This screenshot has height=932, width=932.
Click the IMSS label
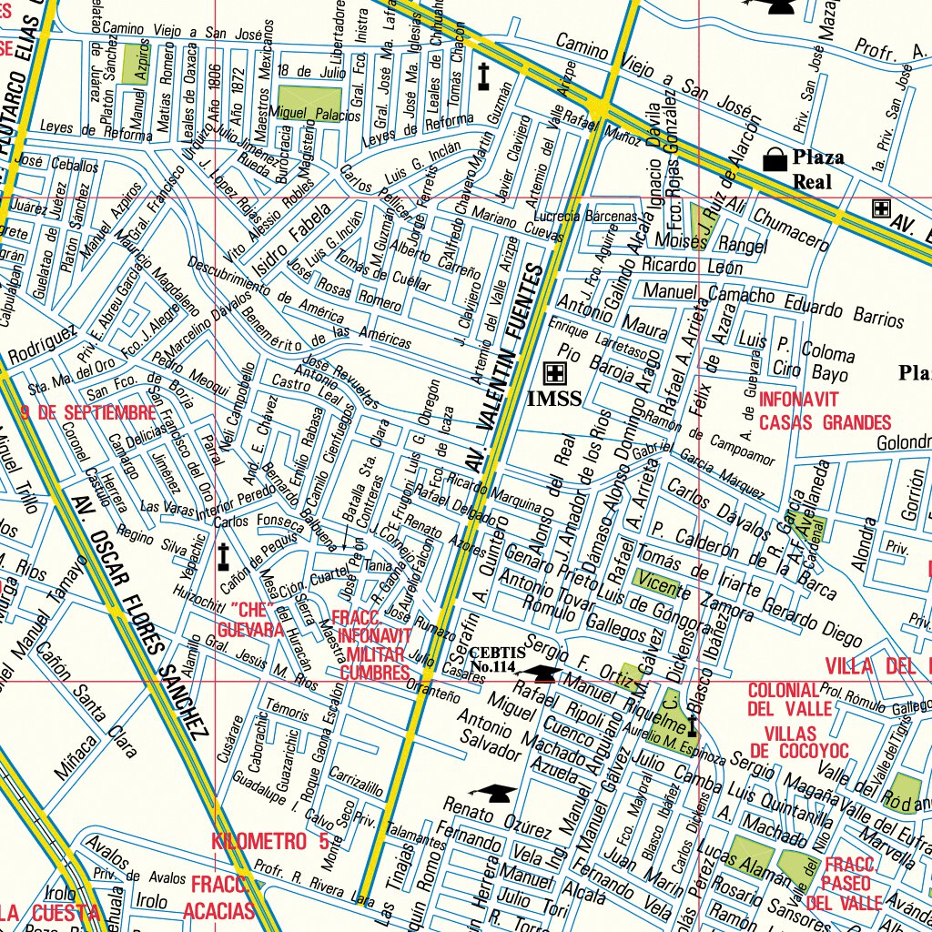tap(553, 398)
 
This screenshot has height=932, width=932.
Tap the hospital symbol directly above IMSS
tap(553, 372)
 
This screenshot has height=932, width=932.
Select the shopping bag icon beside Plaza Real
tap(775, 160)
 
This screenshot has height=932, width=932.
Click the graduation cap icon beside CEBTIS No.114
tap(545, 674)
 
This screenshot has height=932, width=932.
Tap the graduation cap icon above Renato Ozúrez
tap(491, 794)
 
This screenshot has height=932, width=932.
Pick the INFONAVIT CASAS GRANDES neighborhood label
tap(825, 410)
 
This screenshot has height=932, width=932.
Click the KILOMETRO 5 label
tap(270, 842)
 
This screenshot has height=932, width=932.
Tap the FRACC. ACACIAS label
tap(218, 897)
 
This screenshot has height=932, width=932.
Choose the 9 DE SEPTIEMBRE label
tap(87, 412)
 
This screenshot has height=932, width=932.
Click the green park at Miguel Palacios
tap(309, 101)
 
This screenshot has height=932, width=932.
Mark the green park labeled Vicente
tap(659, 582)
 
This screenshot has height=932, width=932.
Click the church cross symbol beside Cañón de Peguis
tap(223, 556)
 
